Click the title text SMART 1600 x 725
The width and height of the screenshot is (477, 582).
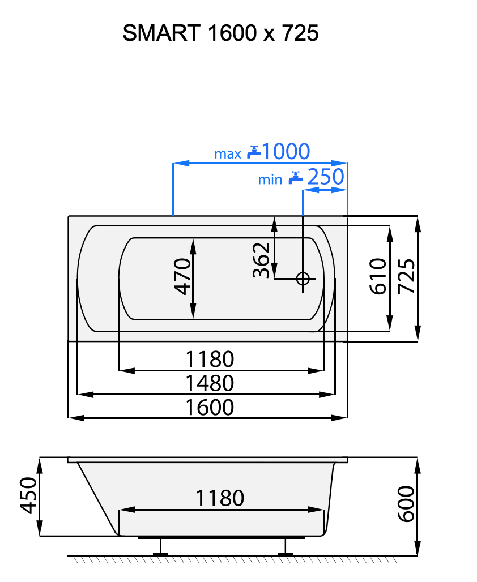pyautogui.click(x=220, y=34)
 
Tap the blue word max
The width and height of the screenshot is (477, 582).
pyautogui.click(x=227, y=153)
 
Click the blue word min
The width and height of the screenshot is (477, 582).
pyautogui.click(x=270, y=179)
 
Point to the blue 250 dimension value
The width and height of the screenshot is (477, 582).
pyautogui.click(x=325, y=177)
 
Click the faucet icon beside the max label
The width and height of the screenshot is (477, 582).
pyautogui.click(x=254, y=151)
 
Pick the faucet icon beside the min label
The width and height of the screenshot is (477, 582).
pyautogui.click(x=295, y=178)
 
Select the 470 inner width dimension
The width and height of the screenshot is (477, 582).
pyautogui.click(x=181, y=276)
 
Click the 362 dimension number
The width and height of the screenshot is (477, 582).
pyautogui.click(x=260, y=260)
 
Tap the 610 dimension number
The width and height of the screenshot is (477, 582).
pyautogui.click(x=378, y=276)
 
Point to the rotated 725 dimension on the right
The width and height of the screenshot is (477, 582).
pyautogui.click(x=407, y=276)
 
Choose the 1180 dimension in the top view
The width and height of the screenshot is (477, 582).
pyautogui.click(x=210, y=359)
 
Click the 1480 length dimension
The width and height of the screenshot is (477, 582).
pyautogui.click(x=210, y=383)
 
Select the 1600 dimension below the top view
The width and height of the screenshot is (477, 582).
pyautogui.click(x=210, y=407)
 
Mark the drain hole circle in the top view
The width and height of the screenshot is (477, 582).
pyautogui.click(x=303, y=279)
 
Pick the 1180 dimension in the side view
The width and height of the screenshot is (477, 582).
pyautogui.click(x=220, y=498)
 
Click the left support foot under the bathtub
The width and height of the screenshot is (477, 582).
pyautogui.click(x=161, y=547)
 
